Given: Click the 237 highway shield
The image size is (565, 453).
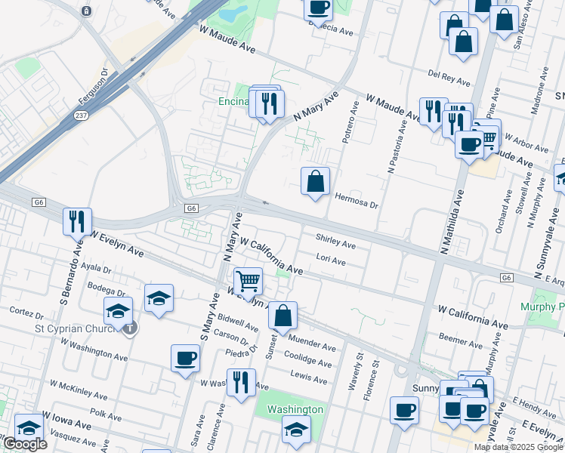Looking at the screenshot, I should [x=79, y=116].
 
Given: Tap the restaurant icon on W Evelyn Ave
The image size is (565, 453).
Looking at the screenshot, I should [x=77, y=220].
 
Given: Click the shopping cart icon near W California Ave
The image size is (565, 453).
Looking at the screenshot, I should [x=248, y=281].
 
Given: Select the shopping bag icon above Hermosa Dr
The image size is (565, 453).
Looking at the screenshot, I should [x=316, y=181].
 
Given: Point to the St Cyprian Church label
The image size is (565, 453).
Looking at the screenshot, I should [x=73, y=328].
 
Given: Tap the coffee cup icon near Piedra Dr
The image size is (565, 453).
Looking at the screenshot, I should [x=185, y=358].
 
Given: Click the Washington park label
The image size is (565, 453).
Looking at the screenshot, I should [x=295, y=409].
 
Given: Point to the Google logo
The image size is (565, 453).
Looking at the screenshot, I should [x=25, y=444].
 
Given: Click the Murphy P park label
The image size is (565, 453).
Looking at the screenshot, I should [x=542, y=307].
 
